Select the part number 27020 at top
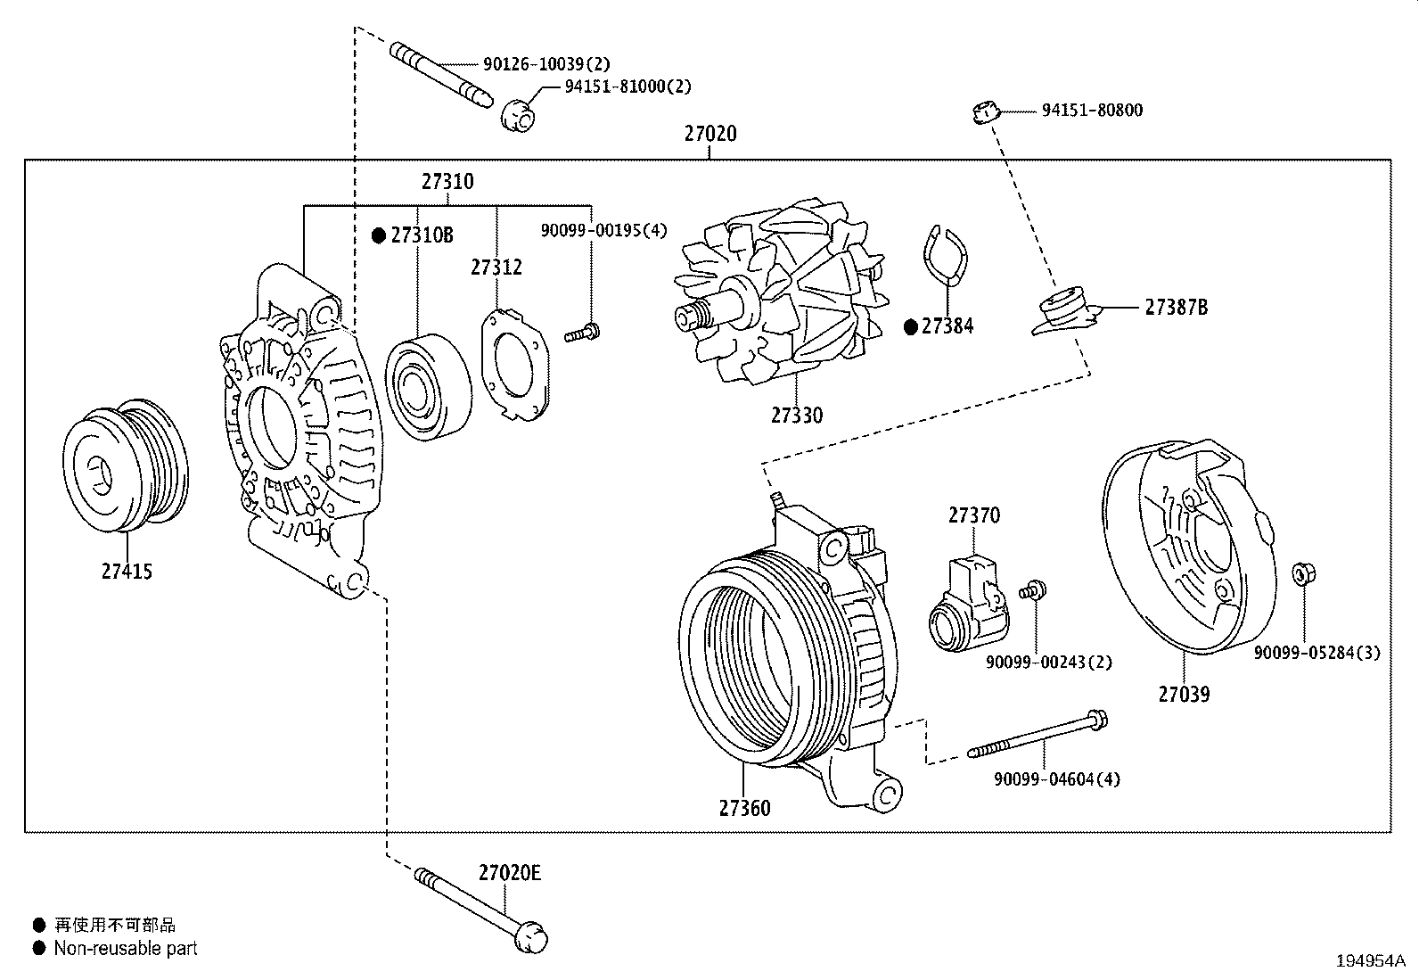709,134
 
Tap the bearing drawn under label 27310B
427,387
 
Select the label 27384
947,326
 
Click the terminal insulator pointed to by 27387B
1064,311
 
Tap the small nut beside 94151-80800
984,111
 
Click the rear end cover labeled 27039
1185,548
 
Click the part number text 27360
744,808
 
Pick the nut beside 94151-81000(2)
520,113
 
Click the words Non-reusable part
126,948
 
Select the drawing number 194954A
1369,961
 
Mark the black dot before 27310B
379,235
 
